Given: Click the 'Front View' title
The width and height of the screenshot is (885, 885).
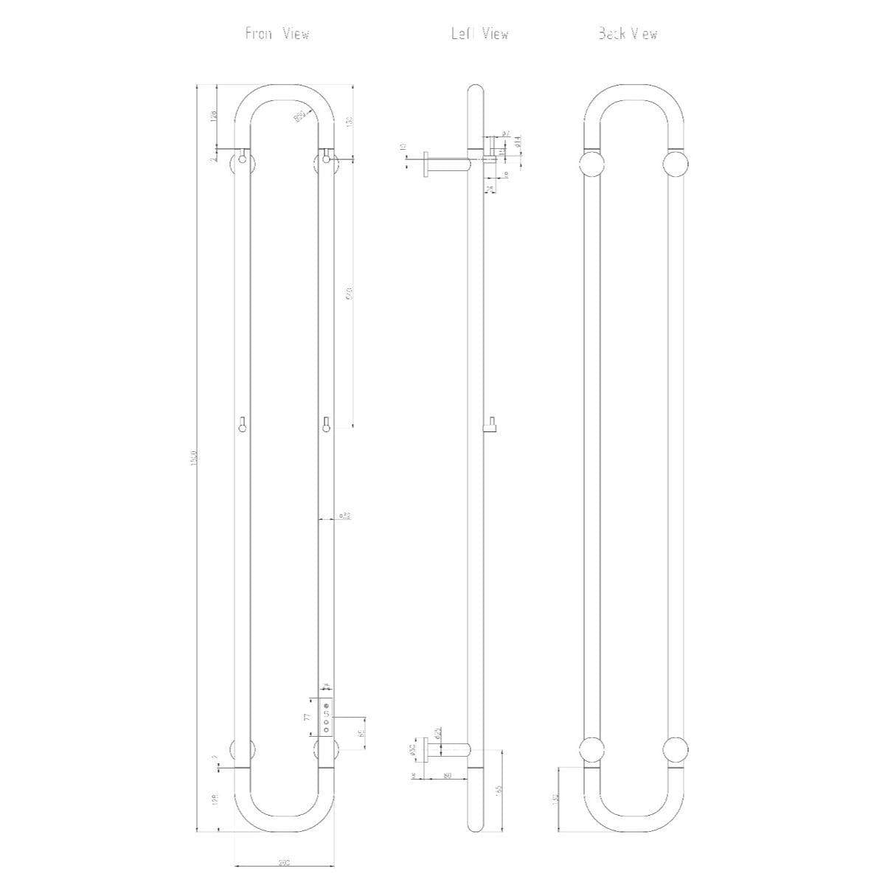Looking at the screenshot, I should [277, 34].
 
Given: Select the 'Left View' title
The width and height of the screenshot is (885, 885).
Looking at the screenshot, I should [480, 34].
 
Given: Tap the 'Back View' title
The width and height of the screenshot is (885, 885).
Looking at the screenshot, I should [628, 34].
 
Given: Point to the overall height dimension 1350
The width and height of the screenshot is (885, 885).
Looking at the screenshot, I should [192, 458].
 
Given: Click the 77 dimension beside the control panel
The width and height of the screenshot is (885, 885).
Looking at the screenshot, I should [305, 716].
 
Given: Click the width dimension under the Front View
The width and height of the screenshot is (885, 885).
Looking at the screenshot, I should [284, 861].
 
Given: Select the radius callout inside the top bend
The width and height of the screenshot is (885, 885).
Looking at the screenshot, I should [300, 116].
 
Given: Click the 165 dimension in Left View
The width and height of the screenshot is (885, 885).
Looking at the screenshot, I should [499, 790].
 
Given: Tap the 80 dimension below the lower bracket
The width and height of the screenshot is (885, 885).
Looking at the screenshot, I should [447, 775].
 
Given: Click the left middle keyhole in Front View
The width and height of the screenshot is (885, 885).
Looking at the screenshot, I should [243, 424].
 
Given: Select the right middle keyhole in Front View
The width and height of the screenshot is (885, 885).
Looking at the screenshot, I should [326, 424].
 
